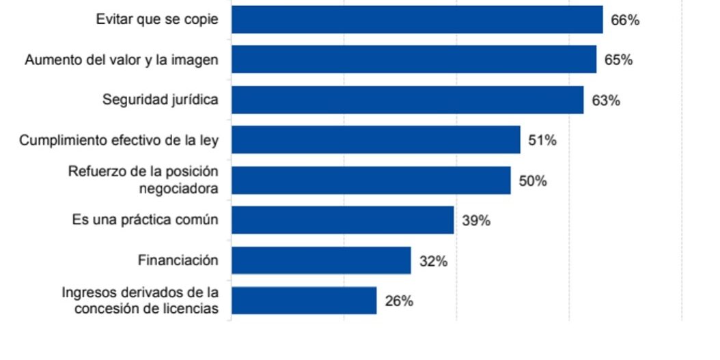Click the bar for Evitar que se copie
[417, 20]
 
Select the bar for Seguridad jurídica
[407, 100]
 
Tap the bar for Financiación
[320, 260]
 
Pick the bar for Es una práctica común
[342, 221]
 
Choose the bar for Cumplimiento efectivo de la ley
[376, 140]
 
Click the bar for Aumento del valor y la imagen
[413, 59]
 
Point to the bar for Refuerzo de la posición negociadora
[371, 180]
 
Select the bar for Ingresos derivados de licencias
[303, 301]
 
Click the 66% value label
[624, 20]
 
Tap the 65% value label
[618, 60]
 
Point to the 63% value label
[605, 100]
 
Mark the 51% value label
[542, 141]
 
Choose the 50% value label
[532, 181]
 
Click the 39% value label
[475, 221]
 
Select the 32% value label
[433, 261]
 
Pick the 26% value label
[398, 301]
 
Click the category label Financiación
[178, 260]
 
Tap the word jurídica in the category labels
[193, 100]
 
